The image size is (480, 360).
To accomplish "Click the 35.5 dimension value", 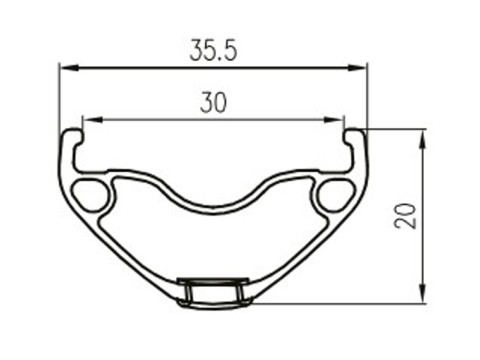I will pyautogui.click(x=213, y=51).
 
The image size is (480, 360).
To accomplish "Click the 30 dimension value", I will pyautogui.click(x=213, y=102).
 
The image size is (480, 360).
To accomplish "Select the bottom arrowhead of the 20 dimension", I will pyautogui.click(x=423, y=296).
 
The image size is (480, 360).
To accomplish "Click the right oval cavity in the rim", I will pyautogui.click(x=336, y=193).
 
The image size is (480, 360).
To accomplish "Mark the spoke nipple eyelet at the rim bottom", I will pyautogui.click(x=213, y=292).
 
